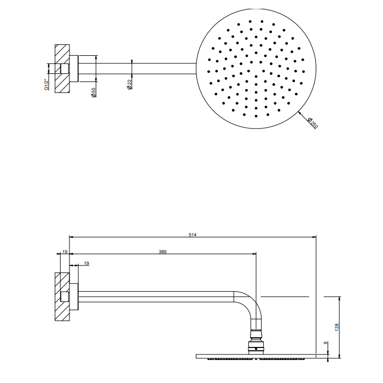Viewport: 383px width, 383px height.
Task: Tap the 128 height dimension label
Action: pos(338,327)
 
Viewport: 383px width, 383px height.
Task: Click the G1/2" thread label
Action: pos(48,84)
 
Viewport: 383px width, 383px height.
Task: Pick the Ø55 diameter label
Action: pos(94,92)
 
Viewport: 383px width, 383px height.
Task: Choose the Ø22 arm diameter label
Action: pos(130,85)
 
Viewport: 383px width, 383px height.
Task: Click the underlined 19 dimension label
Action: pos(86,264)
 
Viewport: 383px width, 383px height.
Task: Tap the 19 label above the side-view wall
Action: pos(65,252)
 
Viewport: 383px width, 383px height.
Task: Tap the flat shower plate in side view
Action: pos(256,356)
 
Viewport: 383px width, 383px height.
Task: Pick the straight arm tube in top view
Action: pos(142,68)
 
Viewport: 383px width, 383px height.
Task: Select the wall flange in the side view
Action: pos(74,296)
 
